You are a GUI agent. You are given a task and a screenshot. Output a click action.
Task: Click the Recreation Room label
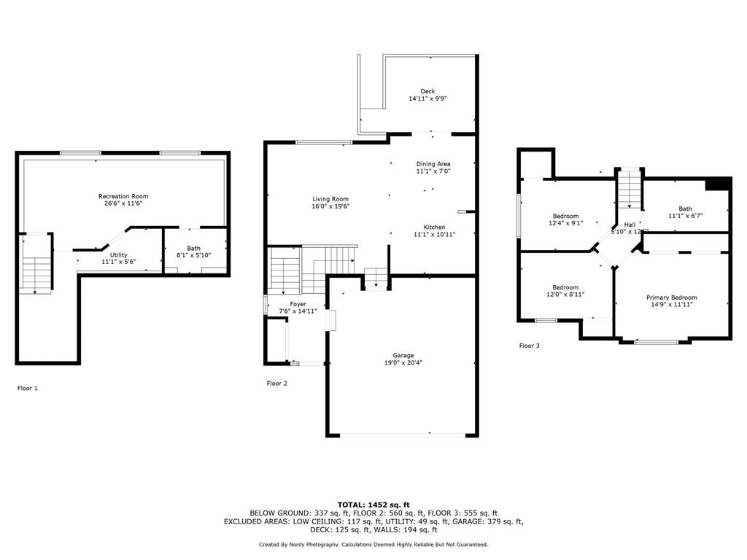(123, 196)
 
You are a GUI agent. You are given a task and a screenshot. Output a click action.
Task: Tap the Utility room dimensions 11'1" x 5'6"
(118, 261)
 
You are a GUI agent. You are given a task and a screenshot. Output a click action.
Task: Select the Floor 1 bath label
(193, 249)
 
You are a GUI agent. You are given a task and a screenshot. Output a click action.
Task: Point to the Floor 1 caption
(28, 388)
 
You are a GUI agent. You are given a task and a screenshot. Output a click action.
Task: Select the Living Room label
(330, 199)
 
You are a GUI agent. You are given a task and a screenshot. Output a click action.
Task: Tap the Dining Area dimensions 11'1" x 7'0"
(433, 171)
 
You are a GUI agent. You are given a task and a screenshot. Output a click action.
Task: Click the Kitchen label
(434, 227)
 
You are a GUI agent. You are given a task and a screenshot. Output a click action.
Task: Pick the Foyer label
(298, 304)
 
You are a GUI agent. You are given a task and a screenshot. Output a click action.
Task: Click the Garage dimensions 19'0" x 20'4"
(403, 362)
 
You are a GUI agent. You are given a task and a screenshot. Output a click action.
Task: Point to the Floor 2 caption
(276, 383)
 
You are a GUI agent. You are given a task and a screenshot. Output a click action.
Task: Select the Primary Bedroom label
(671, 297)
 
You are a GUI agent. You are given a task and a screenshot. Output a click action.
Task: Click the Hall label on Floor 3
(629, 225)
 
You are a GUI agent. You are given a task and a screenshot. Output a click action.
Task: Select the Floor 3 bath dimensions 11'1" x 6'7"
(685, 216)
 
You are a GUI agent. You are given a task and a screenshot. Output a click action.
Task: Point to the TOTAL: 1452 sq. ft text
(373, 505)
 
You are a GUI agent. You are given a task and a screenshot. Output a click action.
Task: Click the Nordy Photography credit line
(373, 544)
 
